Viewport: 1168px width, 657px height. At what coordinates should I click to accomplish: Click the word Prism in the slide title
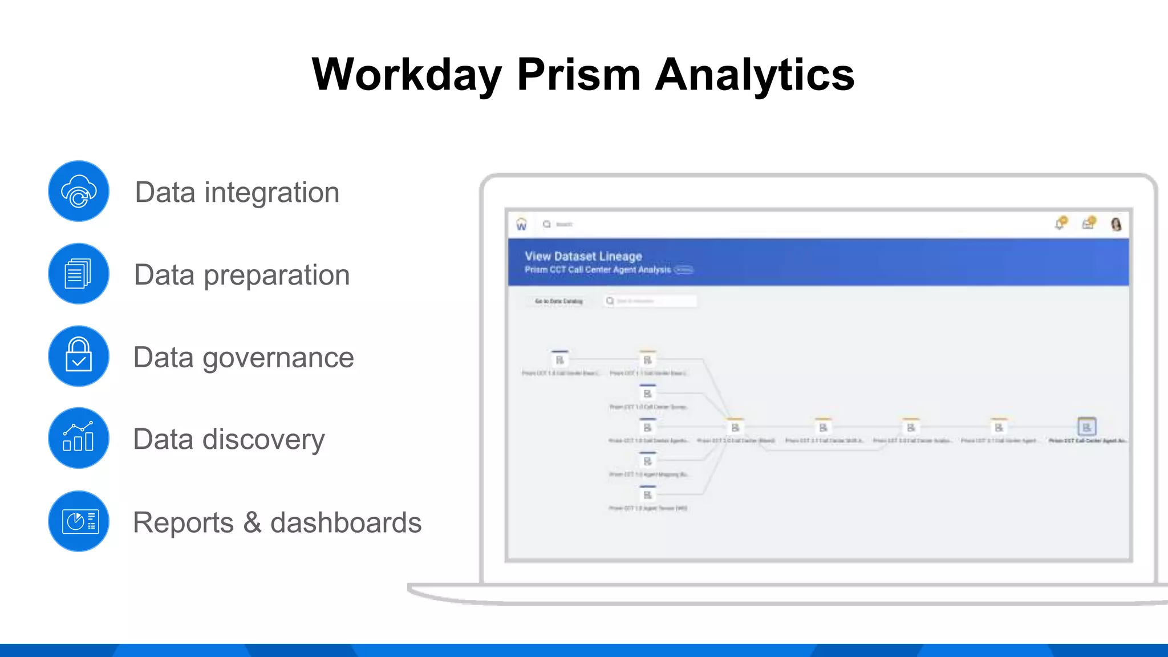tap(578, 75)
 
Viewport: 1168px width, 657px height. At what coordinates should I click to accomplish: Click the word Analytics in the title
tap(755, 75)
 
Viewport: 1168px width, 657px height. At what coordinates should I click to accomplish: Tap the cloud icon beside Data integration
tap(79, 192)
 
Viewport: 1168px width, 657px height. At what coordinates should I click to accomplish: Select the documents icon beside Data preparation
tap(79, 274)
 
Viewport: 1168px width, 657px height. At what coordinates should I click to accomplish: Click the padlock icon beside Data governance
tap(79, 356)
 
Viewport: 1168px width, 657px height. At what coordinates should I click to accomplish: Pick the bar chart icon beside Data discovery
tap(79, 438)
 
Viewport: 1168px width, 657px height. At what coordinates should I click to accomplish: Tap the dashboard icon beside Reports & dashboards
tap(79, 521)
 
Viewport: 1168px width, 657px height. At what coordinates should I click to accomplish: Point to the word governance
tap(278, 358)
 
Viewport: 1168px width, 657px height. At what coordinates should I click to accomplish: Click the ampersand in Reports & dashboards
tap(253, 522)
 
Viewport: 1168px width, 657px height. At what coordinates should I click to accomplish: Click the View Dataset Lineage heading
tap(583, 257)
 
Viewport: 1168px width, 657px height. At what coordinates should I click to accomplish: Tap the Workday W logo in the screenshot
tap(521, 225)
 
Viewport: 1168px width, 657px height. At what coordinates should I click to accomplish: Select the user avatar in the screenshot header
tap(1116, 224)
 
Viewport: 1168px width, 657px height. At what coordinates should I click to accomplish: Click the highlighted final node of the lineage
tap(1086, 427)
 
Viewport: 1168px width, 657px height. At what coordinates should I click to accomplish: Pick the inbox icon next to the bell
tap(1088, 224)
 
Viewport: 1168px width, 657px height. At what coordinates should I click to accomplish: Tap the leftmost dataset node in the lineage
tap(560, 360)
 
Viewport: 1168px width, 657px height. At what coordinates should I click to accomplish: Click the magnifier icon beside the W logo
tap(547, 224)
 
